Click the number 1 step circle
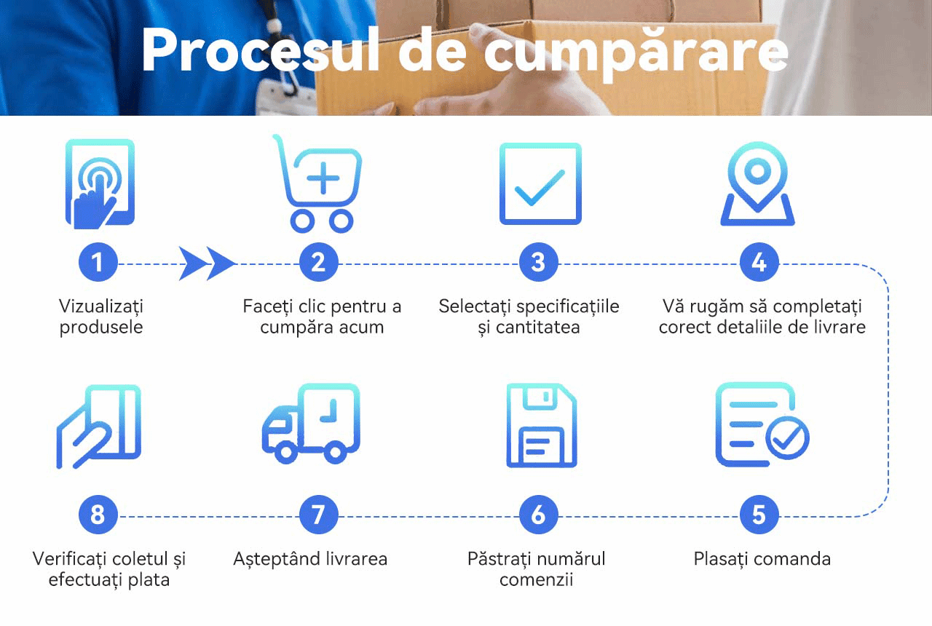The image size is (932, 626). [98, 263]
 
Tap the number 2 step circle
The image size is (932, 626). [318, 263]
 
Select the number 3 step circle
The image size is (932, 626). [538, 263]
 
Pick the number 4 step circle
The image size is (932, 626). [759, 263]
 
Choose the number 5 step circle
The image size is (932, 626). [759, 515]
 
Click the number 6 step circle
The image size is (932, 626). [538, 515]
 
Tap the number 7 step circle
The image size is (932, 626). [318, 515]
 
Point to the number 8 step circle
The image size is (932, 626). [98, 515]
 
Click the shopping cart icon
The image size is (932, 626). [317, 185]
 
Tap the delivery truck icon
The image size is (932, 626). [311, 424]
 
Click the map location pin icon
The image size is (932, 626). [758, 183]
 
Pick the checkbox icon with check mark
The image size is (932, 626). [540, 184]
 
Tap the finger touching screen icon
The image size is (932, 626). [100, 184]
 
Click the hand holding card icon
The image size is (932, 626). [99, 427]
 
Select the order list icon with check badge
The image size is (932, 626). [762, 425]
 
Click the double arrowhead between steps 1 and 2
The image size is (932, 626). [207, 264]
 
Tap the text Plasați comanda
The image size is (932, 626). [762, 559]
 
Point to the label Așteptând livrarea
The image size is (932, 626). [310, 559]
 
